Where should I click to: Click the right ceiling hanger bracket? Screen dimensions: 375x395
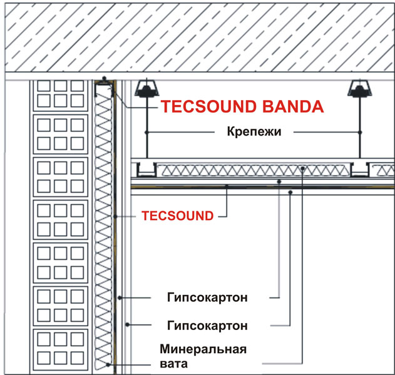360,90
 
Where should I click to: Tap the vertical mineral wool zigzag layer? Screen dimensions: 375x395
103,225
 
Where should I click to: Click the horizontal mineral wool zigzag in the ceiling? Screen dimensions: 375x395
250,168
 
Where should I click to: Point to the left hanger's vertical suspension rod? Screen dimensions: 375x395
148,125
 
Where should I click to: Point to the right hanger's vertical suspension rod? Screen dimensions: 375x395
360,125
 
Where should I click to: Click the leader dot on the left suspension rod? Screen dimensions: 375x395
148,132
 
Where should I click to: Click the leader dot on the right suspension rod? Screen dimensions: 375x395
360,132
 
